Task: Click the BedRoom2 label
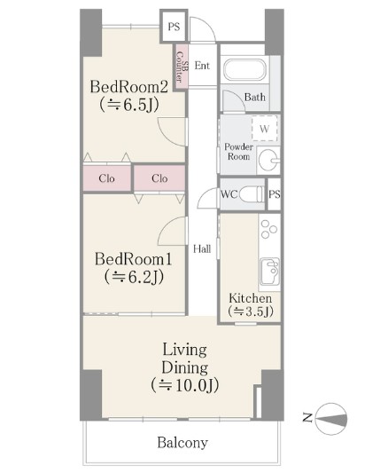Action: [129, 87]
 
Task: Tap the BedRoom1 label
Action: [134, 259]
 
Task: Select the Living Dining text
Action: [185, 359]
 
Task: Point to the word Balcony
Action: [182, 443]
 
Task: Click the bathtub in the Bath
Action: [245, 70]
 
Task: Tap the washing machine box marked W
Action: [264, 128]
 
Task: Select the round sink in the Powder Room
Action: [268, 160]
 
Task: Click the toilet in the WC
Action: [251, 194]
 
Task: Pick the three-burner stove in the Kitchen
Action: [268, 229]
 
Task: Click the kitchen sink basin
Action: [269, 272]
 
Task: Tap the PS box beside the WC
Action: [274, 194]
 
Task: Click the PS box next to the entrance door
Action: [174, 27]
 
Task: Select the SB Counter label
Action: [182, 67]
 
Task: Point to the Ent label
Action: [202, 66]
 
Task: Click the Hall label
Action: [202, 248]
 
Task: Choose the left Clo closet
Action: [107, 178]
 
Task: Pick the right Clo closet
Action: [159, 178]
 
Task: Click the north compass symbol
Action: [330, 419]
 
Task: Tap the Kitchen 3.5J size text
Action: [251, 311]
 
